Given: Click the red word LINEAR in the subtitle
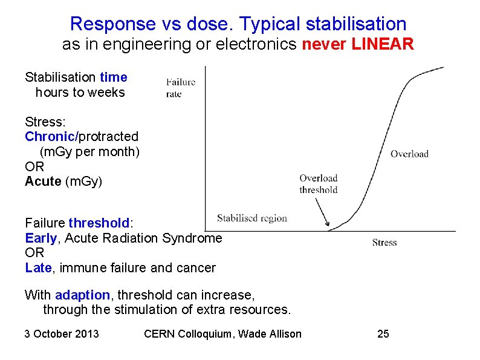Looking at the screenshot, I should [384, 45].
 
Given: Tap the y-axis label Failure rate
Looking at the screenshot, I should [180, 88].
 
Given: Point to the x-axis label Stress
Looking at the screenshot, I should [384, 243].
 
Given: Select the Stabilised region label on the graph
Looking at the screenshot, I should [251, 218].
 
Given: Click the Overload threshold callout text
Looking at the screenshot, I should [318, 184].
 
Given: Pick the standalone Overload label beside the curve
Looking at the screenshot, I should [409, 154].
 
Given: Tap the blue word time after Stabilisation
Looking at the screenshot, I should [114, 77].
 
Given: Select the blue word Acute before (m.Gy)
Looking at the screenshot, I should [43, 182].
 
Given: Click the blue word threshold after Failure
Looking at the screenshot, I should [99, 223].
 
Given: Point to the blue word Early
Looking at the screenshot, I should [41, 238].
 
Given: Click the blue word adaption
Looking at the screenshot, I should [82, 295].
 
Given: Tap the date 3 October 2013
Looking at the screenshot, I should [62, 334].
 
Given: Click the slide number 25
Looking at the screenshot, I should [383, 334].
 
